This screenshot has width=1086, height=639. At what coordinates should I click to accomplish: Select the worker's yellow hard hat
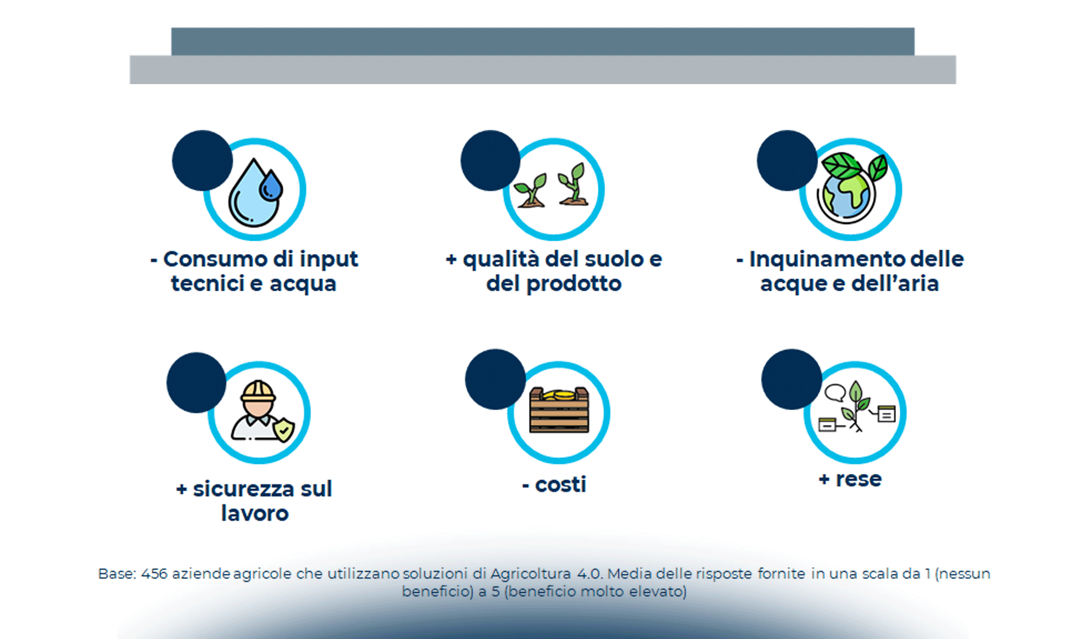(258, 391)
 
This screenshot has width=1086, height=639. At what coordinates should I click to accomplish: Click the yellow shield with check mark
(284, 429)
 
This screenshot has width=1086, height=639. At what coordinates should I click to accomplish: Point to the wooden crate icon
(559, 410)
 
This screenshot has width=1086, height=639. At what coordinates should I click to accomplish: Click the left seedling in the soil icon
(531, 191)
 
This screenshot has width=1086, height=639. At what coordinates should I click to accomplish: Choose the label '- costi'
(554, 485)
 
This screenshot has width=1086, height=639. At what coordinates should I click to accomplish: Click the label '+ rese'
(850, 479)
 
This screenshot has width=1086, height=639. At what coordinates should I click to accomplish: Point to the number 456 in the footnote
(154, 574)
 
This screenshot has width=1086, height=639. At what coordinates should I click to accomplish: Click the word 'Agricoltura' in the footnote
(530, 574)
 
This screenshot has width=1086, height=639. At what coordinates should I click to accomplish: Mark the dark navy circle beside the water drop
(202, 160)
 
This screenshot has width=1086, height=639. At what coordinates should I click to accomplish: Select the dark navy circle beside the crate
(495, 379)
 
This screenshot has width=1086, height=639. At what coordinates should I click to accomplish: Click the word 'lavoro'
(254, 513)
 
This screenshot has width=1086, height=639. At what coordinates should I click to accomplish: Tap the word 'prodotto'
(574, 284)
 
